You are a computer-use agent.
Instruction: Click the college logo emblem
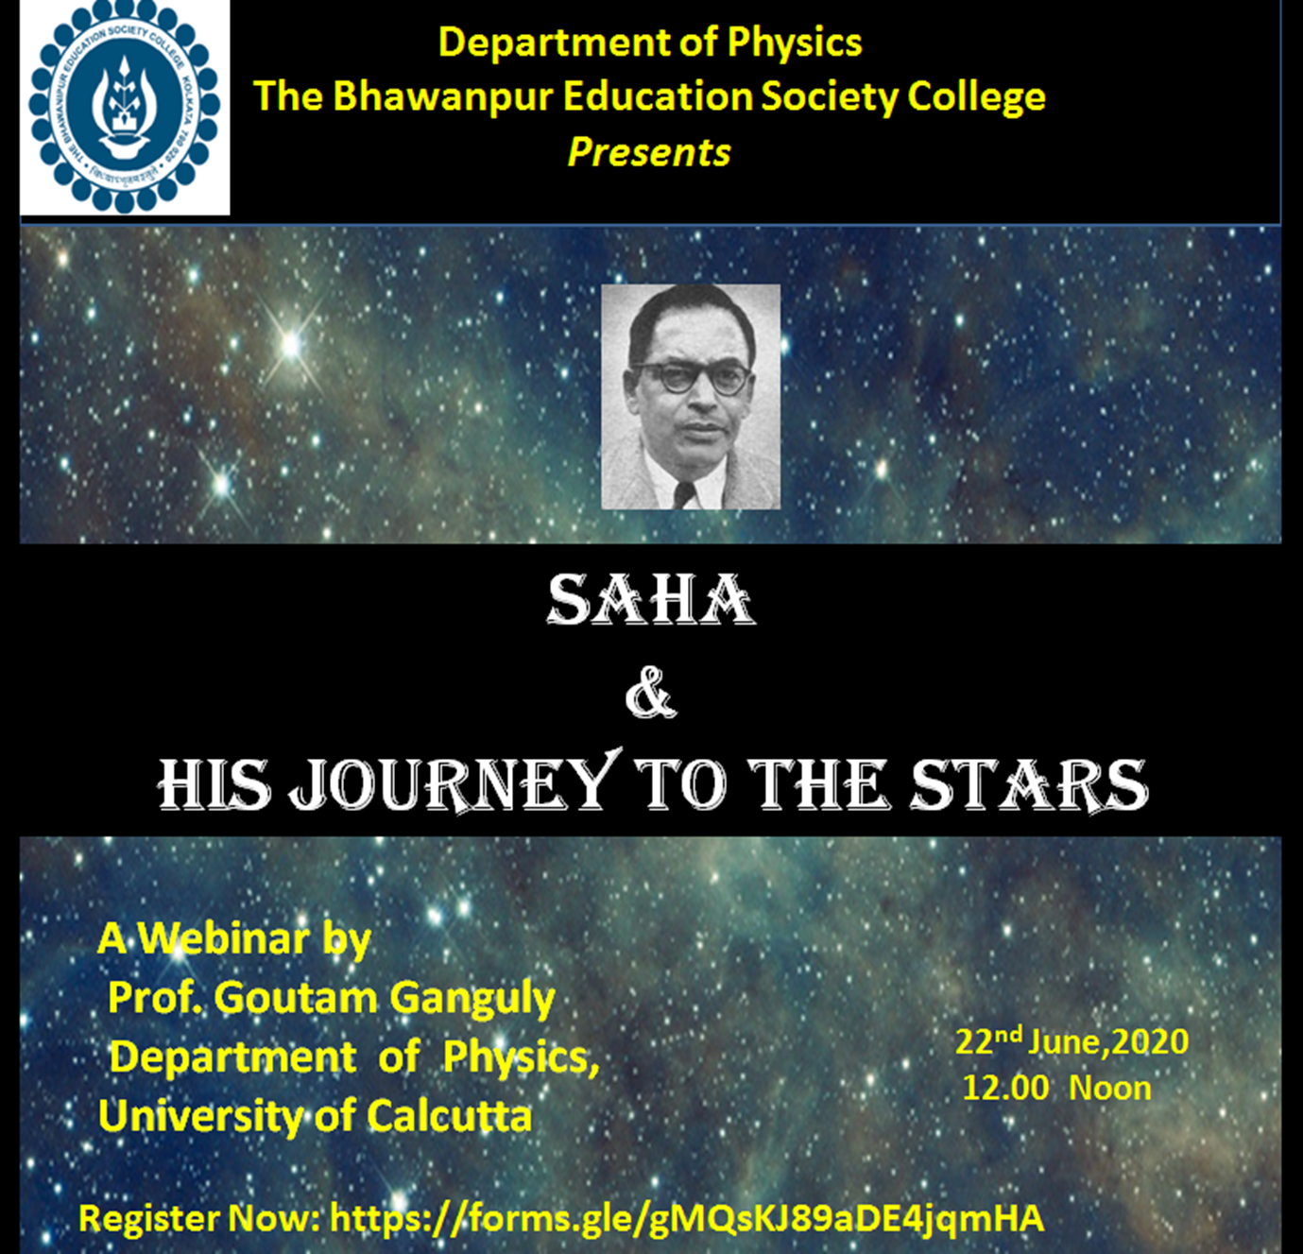coord(125,106)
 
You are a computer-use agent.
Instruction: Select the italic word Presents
coord(649,152)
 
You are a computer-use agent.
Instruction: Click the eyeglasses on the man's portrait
coord(691,376)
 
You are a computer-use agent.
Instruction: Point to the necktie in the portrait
coord(684,493)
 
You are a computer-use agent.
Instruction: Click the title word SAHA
coord(651,600)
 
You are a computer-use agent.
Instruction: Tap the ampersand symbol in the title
coord(651,694)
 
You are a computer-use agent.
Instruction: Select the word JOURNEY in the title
coord(454,783)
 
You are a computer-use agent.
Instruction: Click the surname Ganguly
coord(472,998)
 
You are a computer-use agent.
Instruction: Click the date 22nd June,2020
coord(1072,1041)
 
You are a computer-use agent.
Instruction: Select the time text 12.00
coord(1005,1088)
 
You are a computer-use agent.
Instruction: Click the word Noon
coord(1110,1088)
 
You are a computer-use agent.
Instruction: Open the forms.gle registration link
coord(687,1218)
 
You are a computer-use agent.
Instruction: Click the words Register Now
coord(199,1218)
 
